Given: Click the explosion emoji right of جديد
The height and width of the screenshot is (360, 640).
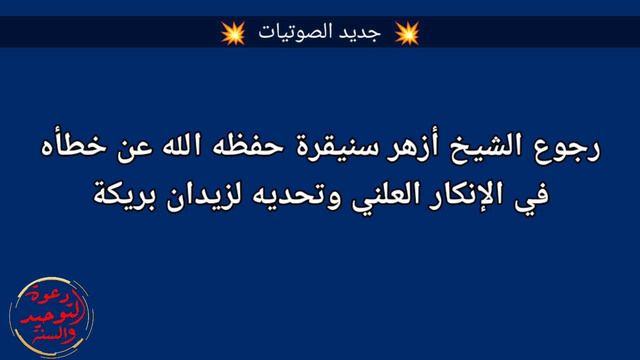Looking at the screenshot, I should [x=406, y=33].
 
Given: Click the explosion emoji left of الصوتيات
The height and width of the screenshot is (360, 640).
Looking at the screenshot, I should [x=233, y=33].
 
